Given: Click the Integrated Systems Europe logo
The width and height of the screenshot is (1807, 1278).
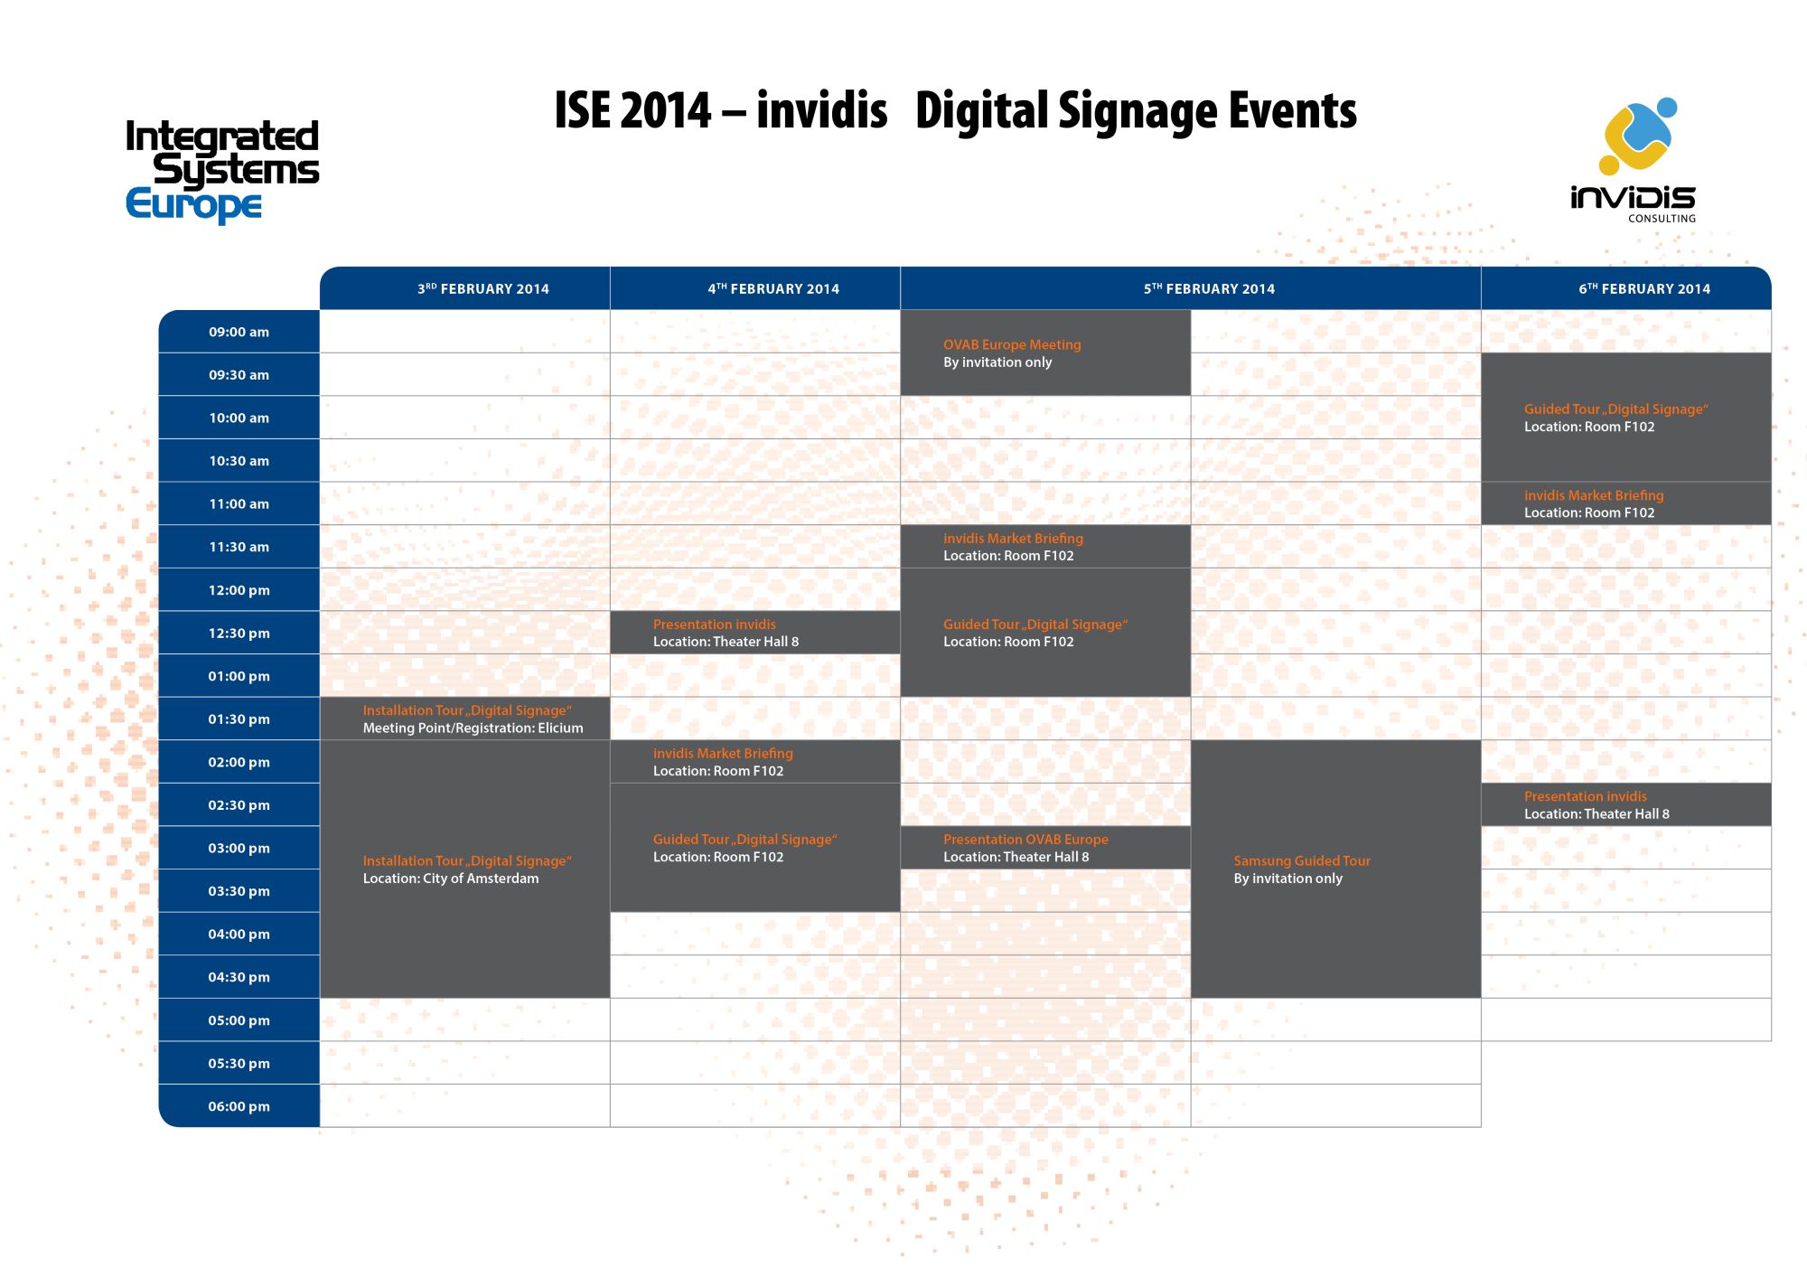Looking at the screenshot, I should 222,171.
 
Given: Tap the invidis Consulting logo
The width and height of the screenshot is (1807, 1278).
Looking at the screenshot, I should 1634,161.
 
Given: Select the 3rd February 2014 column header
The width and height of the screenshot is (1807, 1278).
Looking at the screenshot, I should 482,288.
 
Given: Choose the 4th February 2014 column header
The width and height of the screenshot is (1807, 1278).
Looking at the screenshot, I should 773,288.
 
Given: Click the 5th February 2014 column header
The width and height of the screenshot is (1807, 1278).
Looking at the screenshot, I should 1209,288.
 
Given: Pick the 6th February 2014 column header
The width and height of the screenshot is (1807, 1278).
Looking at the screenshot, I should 1644,288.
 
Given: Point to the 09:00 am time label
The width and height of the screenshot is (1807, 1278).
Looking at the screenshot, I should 239,332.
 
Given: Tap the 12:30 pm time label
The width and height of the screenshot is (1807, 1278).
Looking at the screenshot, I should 239,633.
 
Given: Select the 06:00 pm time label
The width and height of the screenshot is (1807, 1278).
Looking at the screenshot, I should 239,1106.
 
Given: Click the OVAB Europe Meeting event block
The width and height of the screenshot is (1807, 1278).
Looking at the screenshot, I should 1045,352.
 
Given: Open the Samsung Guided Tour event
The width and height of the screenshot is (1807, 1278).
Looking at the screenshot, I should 1335,869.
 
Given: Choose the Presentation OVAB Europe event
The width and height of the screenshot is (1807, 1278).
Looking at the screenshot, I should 1045,848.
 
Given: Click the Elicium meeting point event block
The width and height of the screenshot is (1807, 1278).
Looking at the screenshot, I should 465,719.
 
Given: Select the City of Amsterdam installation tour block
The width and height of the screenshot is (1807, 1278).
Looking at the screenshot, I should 465,869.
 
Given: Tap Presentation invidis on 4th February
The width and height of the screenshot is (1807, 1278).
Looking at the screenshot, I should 755,633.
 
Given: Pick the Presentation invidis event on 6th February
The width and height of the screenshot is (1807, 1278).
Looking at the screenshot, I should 1626,804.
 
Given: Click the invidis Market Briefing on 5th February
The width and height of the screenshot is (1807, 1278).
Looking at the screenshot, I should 1045,547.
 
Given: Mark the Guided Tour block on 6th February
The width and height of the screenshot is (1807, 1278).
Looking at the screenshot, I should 1626,418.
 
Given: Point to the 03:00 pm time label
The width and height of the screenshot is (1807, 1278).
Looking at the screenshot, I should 239,848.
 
